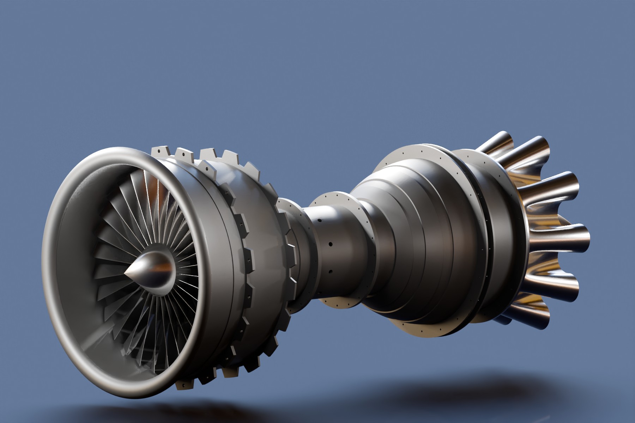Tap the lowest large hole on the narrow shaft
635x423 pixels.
click(x=331, y=271)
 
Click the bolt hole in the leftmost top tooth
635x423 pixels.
click(x=159, y=151)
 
